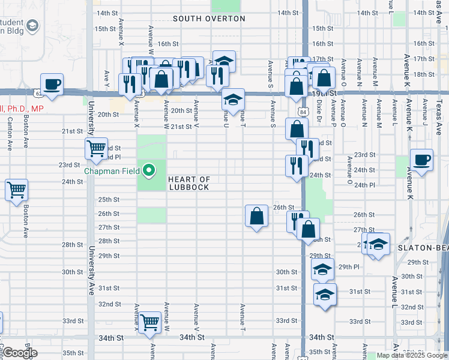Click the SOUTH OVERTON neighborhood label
(x=209, y=19)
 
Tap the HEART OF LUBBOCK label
(x=189, y=183)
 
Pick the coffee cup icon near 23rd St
(x=421, y=160)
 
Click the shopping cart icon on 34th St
(x=149, y=323)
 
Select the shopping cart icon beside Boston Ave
(x=17, y=191)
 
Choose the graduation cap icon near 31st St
(x=325, y=295)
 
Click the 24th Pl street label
(x=364, y=185)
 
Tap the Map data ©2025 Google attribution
(x=412, y=355)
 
